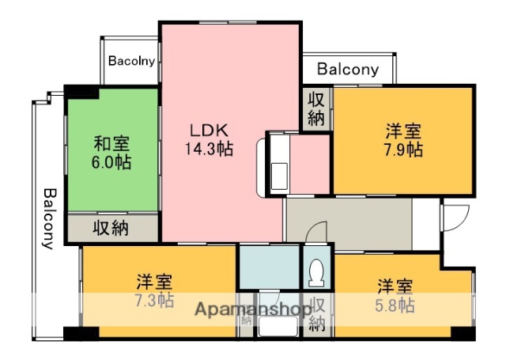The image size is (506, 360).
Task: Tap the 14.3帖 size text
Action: [209, 148]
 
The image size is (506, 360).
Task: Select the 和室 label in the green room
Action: [111, 145]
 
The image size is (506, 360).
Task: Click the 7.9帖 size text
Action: [403, 150]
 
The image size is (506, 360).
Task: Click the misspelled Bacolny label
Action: [131, 60]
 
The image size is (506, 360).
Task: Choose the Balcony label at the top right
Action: [348, 69]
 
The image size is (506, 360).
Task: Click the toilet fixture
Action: [317, 271]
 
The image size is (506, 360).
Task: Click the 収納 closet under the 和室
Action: [111, 228]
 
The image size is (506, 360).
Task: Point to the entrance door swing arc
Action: [457, 217]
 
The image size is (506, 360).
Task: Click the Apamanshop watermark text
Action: [251, 309]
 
